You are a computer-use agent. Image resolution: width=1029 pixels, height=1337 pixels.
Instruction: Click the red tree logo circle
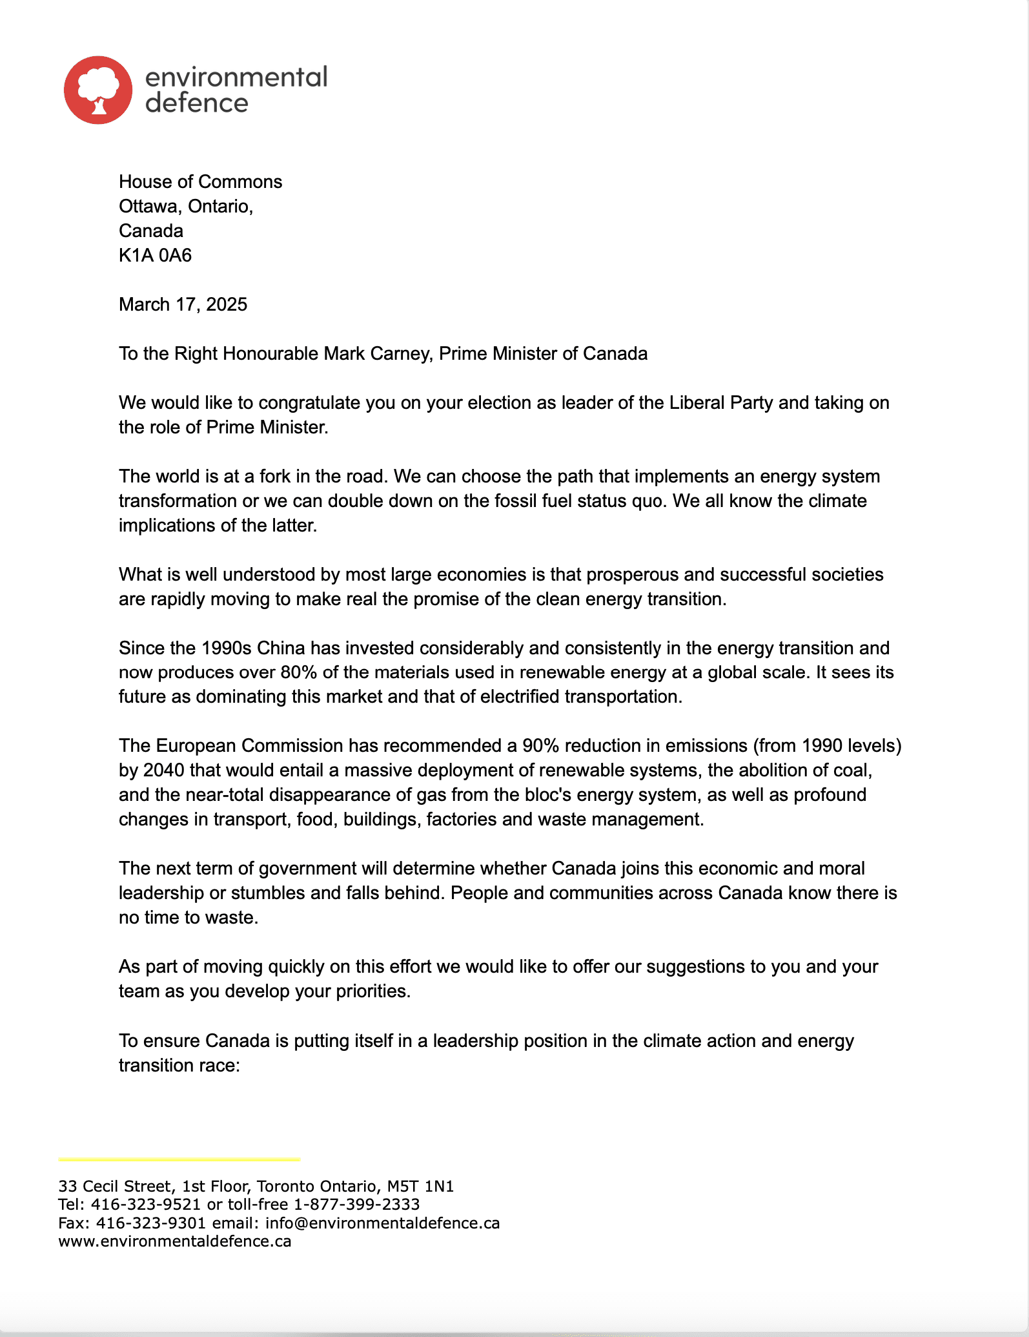98,90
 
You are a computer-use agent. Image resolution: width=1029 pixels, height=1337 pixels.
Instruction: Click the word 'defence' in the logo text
197,103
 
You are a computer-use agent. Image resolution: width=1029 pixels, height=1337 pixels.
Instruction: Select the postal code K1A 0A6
155,255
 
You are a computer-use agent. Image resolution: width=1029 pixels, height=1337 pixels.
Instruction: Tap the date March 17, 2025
183,304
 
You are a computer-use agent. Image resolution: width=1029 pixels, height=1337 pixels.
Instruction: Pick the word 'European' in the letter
196,745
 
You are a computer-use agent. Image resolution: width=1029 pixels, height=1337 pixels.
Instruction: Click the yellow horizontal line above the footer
179,1159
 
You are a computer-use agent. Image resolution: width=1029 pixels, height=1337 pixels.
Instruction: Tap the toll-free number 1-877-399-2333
356,1204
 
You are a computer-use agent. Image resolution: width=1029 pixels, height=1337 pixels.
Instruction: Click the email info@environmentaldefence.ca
382,1223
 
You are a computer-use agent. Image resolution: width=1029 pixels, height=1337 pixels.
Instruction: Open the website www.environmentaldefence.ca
174,1241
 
